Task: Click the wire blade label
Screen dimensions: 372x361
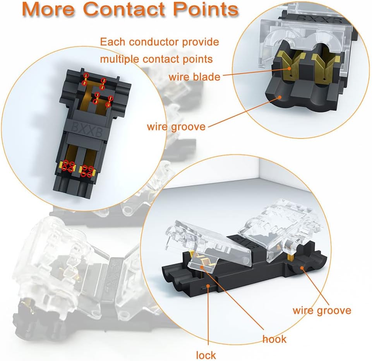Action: [194, 76]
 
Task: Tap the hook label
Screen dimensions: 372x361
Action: [274, 339]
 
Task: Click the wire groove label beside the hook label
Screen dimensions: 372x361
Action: [322, 310]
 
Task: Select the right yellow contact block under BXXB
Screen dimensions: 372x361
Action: [87, 169]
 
